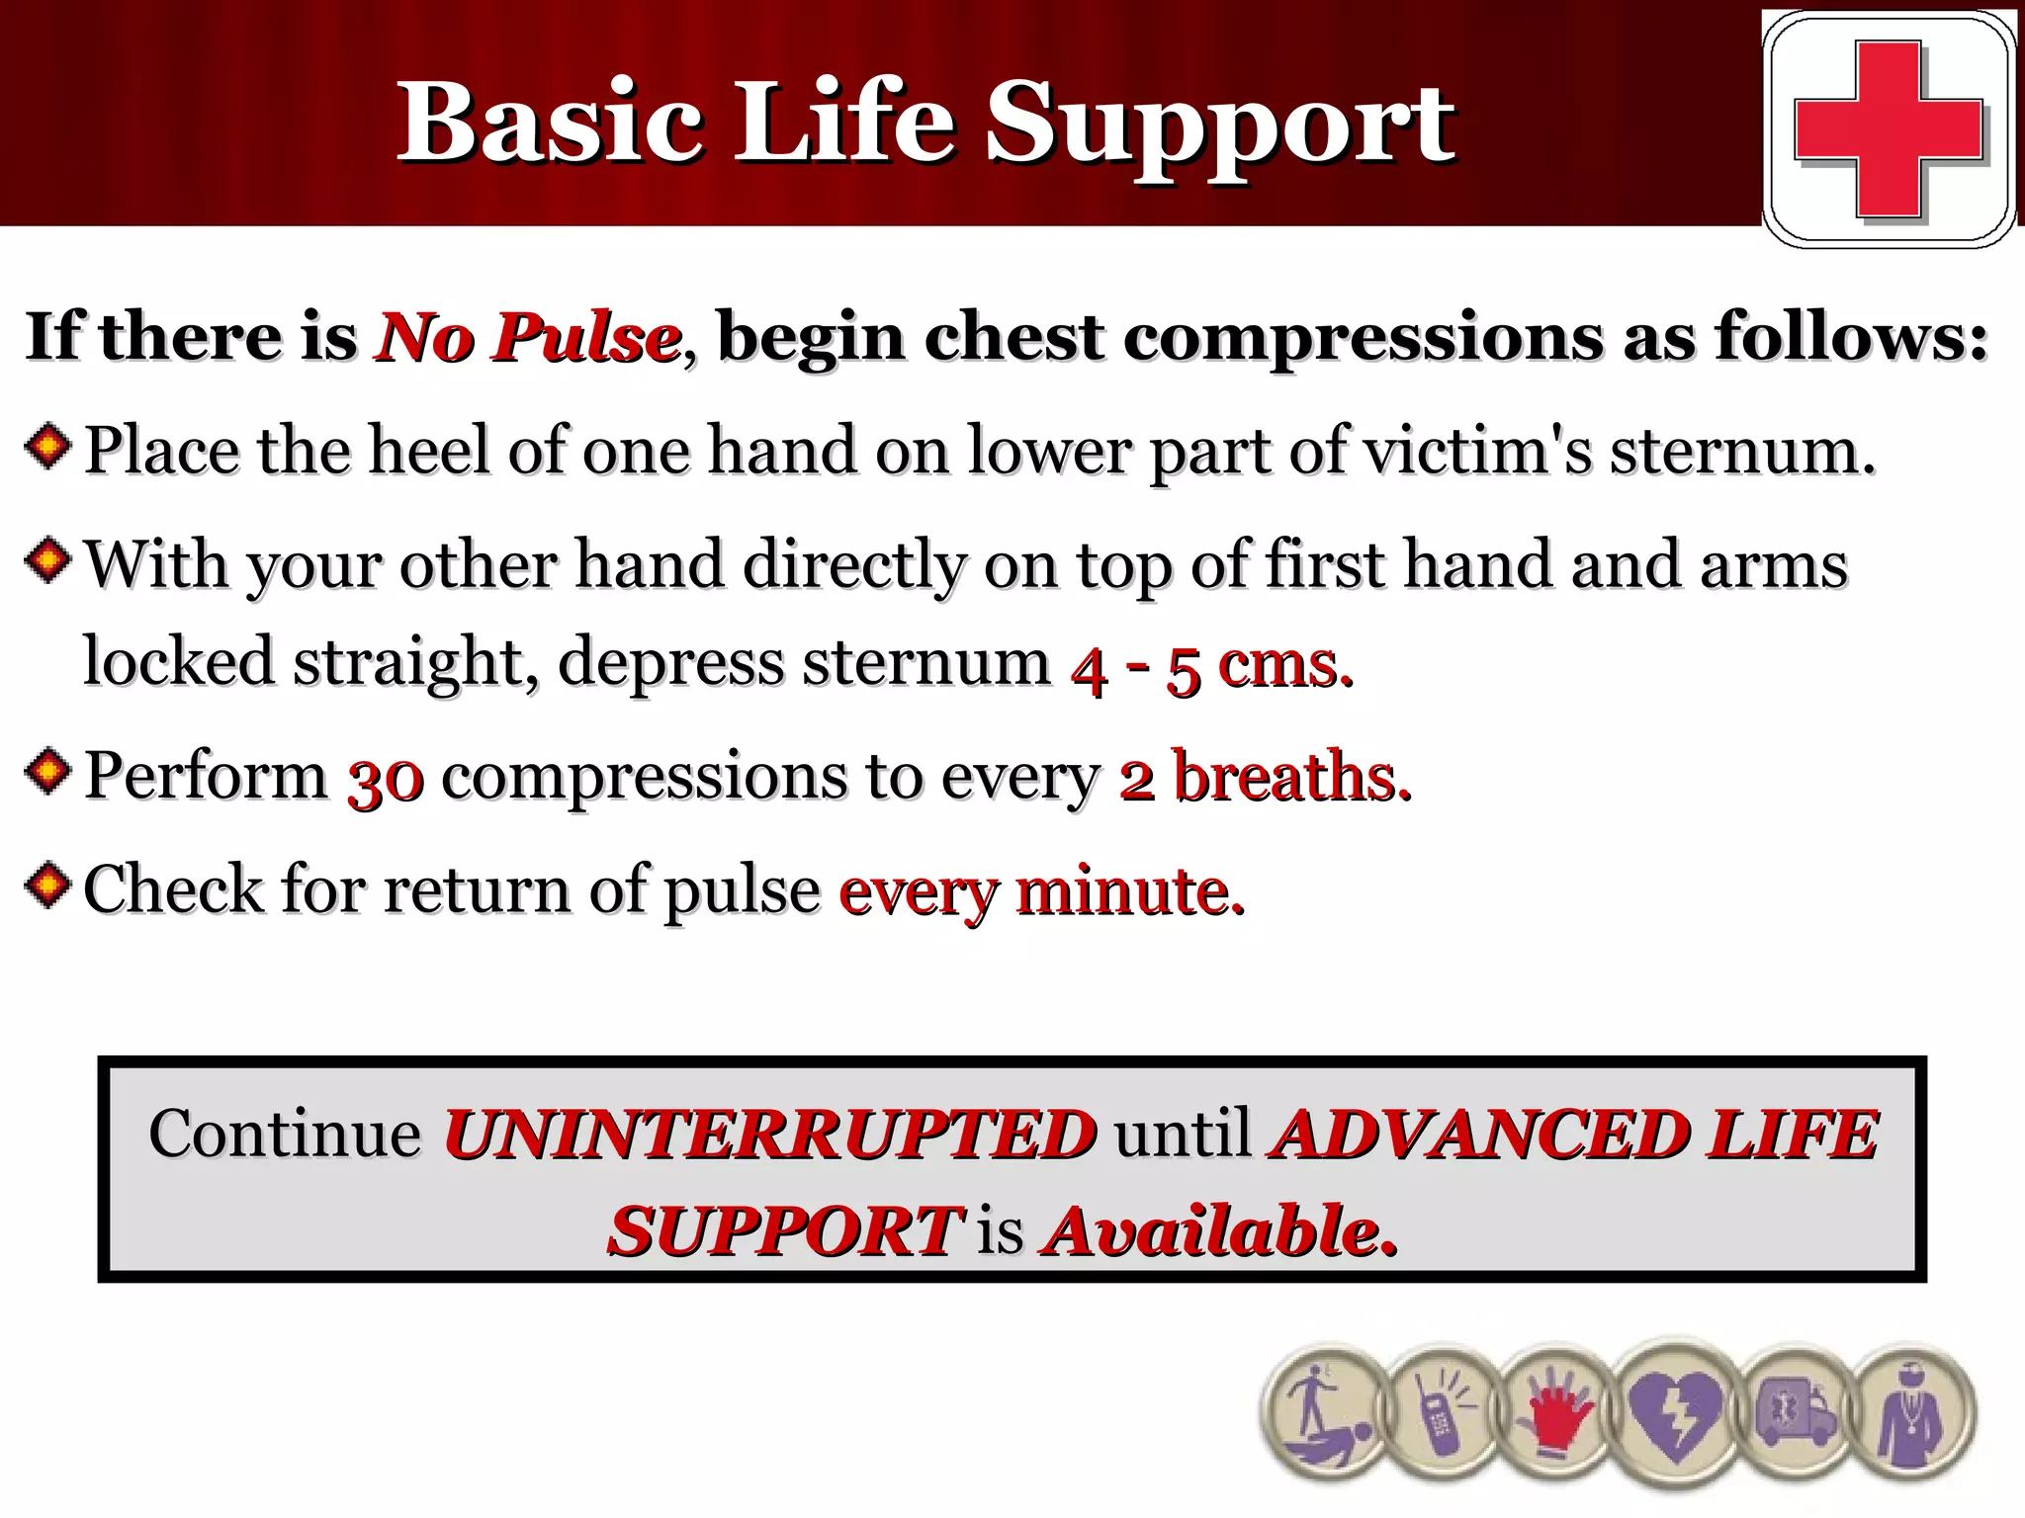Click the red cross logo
click(x=1889, y=129)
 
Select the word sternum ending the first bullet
click(x=1740, y=452)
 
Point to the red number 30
click(x=386, y=780)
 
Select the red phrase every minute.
click(x=1041, y=892)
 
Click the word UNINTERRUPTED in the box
click(x=769, y=1135)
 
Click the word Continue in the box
click(x=285, y=1135)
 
